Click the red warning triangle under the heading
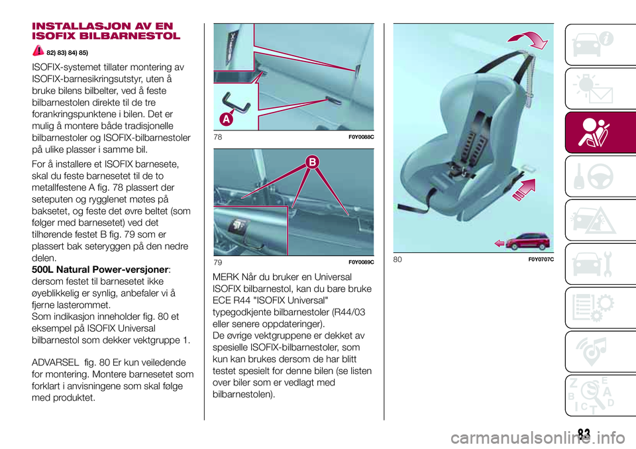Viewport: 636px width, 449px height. (x=38, y=50)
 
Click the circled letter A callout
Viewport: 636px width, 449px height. (x=227, y=119)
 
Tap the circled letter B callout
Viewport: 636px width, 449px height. (x=313, y=162)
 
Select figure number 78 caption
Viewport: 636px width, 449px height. (x=218, y=137)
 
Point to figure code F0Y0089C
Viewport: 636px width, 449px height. (x=361, y=262)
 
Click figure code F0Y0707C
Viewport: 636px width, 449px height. (x=541, y=260)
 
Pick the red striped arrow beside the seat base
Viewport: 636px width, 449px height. (x=525, y=189)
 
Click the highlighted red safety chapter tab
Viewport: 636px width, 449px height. (x=600, y=132)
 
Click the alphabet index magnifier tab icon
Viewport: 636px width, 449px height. (x=592, y=395)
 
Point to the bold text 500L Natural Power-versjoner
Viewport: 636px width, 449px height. (x=100, y=270)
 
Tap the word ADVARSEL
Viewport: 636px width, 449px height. (x=55, y=362)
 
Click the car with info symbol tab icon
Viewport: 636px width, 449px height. (x=593, y=44)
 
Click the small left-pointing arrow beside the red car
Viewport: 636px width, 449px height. (x=500, y=243)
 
